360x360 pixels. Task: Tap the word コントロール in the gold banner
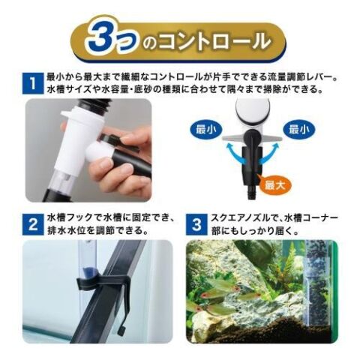[214, 40]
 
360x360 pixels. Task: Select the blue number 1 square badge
[32, 83]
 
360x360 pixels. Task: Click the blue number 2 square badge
[32, 224]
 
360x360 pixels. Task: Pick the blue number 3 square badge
[196, 224]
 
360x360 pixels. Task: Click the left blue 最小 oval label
[205, 130]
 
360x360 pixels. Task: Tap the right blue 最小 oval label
[298, 130]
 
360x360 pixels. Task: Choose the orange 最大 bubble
[274, 184]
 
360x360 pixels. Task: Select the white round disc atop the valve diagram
[253, 110]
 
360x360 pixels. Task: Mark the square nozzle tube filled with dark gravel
[317, 283]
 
